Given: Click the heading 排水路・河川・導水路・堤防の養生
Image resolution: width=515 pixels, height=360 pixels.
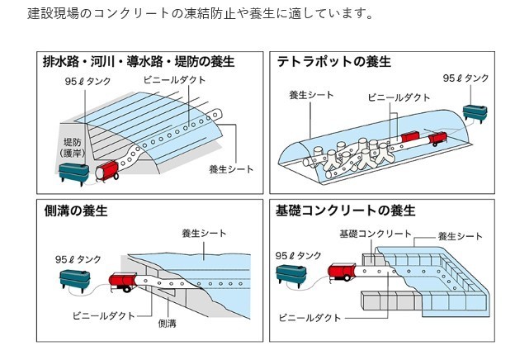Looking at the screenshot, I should coord(138,61).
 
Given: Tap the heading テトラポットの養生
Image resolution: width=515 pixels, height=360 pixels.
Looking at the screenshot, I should coord(334,61).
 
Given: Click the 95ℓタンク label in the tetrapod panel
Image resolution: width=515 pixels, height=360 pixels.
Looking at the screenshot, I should coord(465,78).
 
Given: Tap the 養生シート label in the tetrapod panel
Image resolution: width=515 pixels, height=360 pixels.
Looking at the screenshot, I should coord(311,95).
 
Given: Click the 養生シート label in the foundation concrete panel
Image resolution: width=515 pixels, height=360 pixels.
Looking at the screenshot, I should coord(460,236).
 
